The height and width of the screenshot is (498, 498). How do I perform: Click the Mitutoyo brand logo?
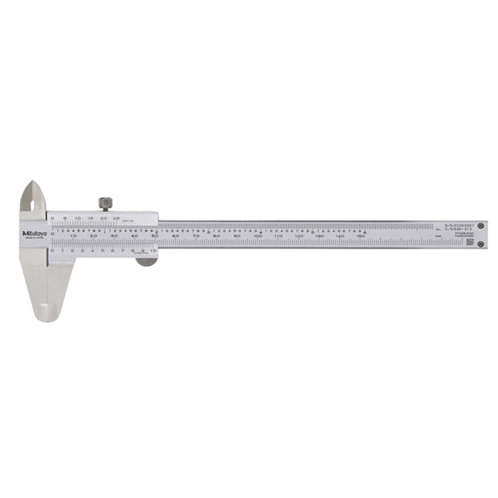pos(33,233)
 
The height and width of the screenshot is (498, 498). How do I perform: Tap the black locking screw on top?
pos(105,204)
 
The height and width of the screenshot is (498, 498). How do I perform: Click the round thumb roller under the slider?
pos(146,260)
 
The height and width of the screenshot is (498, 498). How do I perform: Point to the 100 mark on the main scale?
pos(258,236)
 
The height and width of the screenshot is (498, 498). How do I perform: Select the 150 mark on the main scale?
pos(360,236)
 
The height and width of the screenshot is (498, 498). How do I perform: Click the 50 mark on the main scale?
pos(155,236)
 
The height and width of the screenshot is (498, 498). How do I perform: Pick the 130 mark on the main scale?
pos(319,236)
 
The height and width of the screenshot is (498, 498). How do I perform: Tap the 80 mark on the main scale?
pos(217,236)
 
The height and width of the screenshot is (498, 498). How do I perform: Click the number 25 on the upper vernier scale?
pos(116,218)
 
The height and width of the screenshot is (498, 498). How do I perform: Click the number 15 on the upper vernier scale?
pos(91,218)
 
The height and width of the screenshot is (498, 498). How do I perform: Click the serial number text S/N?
pos(454,226)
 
